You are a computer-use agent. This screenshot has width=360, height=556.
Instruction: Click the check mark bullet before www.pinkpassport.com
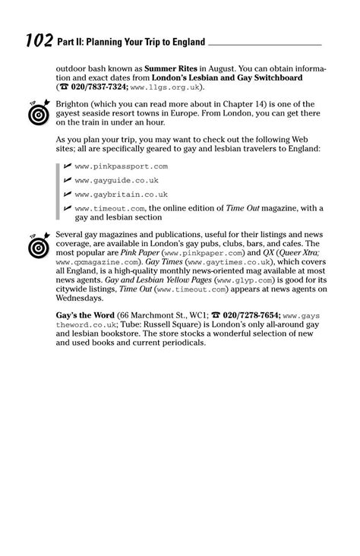(68, 166)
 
